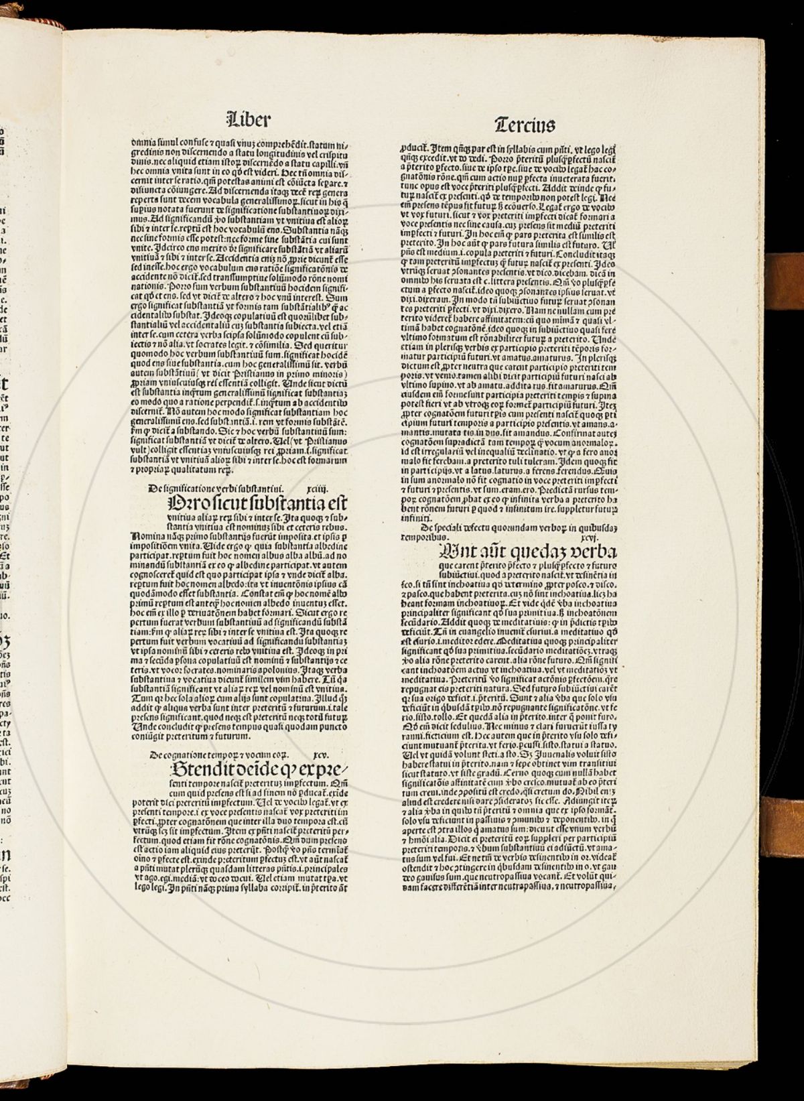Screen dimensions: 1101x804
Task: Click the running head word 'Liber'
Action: pos(249,121)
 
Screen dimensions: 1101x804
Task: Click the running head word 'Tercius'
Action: pos(525,125)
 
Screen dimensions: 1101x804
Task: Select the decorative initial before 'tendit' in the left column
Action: pos(178,769)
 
